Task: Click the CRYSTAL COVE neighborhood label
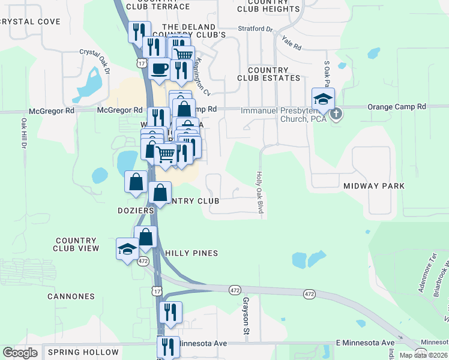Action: click(x=31, y=22)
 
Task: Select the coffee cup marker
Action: click(x=160, y=69)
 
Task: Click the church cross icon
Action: click(x=337, y=112)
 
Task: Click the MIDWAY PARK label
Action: click(x=374, y=186)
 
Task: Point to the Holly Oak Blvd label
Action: click(x=261, y=193)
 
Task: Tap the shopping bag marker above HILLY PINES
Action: click(x=146, y=238)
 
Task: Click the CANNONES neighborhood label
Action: click(x=71, y=296)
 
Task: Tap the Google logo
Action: click(x=20, y=353)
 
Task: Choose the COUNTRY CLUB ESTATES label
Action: click(x=268, y=74)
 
